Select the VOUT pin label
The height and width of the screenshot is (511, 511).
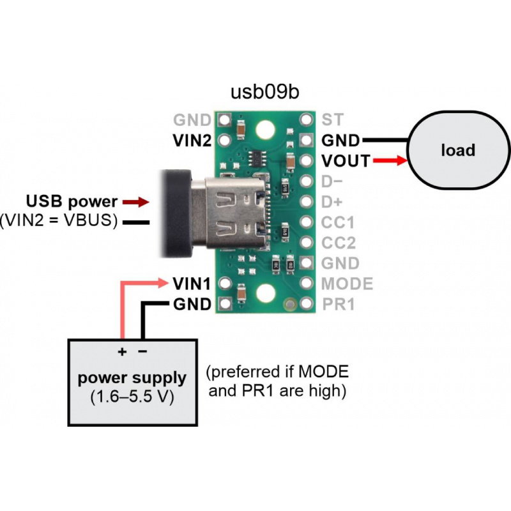(x=346, y=161)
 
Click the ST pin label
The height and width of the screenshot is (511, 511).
(x=332, y=119)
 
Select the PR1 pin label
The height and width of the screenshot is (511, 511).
(x=338, y=304)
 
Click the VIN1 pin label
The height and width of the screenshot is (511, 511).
(x=192, y=282)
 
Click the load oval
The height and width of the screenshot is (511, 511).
(x=457, y=151)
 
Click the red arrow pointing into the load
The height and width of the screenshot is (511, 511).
(x=390, y=161)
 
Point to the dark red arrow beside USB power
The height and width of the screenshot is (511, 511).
(x=137, y=202)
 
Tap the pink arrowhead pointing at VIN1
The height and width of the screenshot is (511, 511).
(x=162, y=282)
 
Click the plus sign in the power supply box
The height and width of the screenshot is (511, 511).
(x=121, y=352)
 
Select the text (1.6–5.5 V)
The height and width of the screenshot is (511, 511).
(x=132, y=395)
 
